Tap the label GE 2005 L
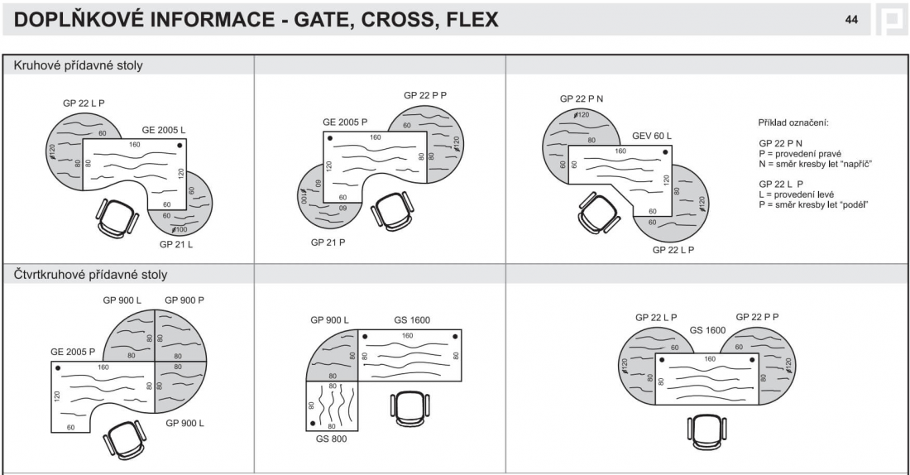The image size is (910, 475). point(164,130)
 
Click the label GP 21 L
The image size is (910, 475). point(176,245)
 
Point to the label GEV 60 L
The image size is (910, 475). point(652,135)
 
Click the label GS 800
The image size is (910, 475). point(332,439)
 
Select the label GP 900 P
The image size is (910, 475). point(184,300)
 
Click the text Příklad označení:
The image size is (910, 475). point(793,122)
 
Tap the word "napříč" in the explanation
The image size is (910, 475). point(858,163)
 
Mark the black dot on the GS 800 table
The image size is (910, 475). point(313,423)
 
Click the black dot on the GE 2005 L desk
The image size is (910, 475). point(180,145)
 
